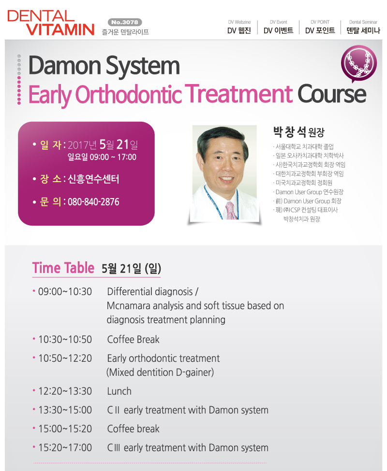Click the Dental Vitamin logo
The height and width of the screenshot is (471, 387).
(x=51, y=23)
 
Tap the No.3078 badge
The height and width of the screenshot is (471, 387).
(x=125, y=22)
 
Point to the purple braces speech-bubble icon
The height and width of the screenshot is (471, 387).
(x=359, y=64)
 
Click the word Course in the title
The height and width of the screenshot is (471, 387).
(x=332, y=94)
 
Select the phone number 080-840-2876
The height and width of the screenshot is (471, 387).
(x=93, y=201)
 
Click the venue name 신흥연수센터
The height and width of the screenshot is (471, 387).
(x=93, y=179)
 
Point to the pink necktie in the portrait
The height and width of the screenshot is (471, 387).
(x=231, y=210)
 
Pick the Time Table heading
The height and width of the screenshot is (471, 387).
(x=63, y=268)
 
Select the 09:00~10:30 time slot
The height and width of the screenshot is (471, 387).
(x=65, y=292)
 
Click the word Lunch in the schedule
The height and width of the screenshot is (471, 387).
(x=119, y=391)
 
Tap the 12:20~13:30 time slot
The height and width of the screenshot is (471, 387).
(x=65, y=391)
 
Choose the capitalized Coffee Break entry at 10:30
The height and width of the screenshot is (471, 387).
(x=133, y=340)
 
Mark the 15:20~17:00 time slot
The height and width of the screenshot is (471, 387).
(x=65, y=447)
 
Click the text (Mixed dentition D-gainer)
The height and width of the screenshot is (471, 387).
(x=160, y=372)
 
